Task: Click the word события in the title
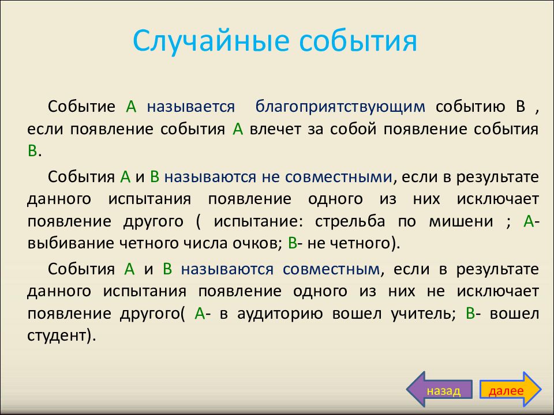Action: (x=358, y=40)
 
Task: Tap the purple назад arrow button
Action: (x=439, y=390)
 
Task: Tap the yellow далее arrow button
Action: (x=510, y=390)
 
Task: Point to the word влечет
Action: (x=275, y=129)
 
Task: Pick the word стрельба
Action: (x=350, y=221)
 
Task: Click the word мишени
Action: (x=461, y=221)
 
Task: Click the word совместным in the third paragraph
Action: (x=331, y=269)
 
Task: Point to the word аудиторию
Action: (x=280, y=314)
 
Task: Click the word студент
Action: (x=57, y=335)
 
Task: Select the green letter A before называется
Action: (x=131, y=107)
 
